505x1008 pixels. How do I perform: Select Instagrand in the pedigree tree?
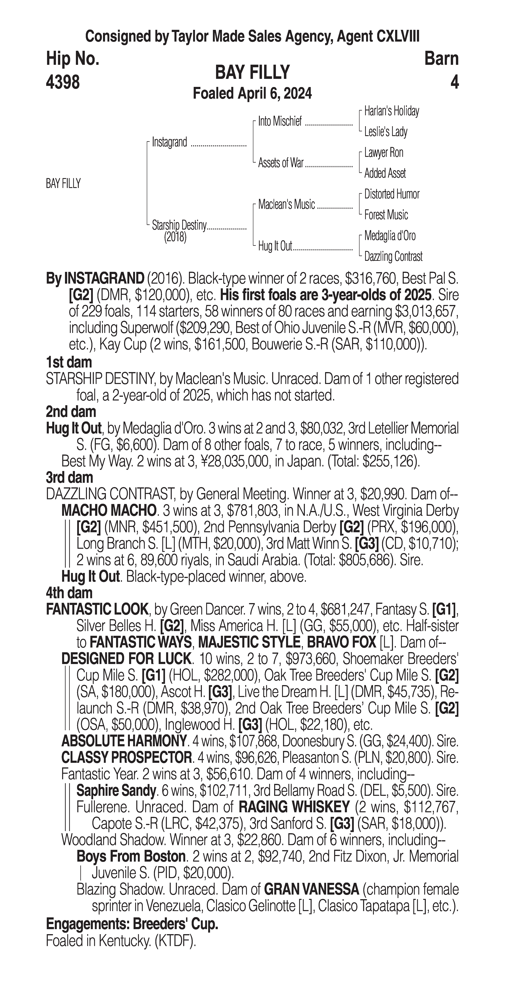point(170,142)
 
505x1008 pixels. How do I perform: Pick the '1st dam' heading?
point(69,362)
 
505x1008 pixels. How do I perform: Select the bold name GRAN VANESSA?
point(312,889)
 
